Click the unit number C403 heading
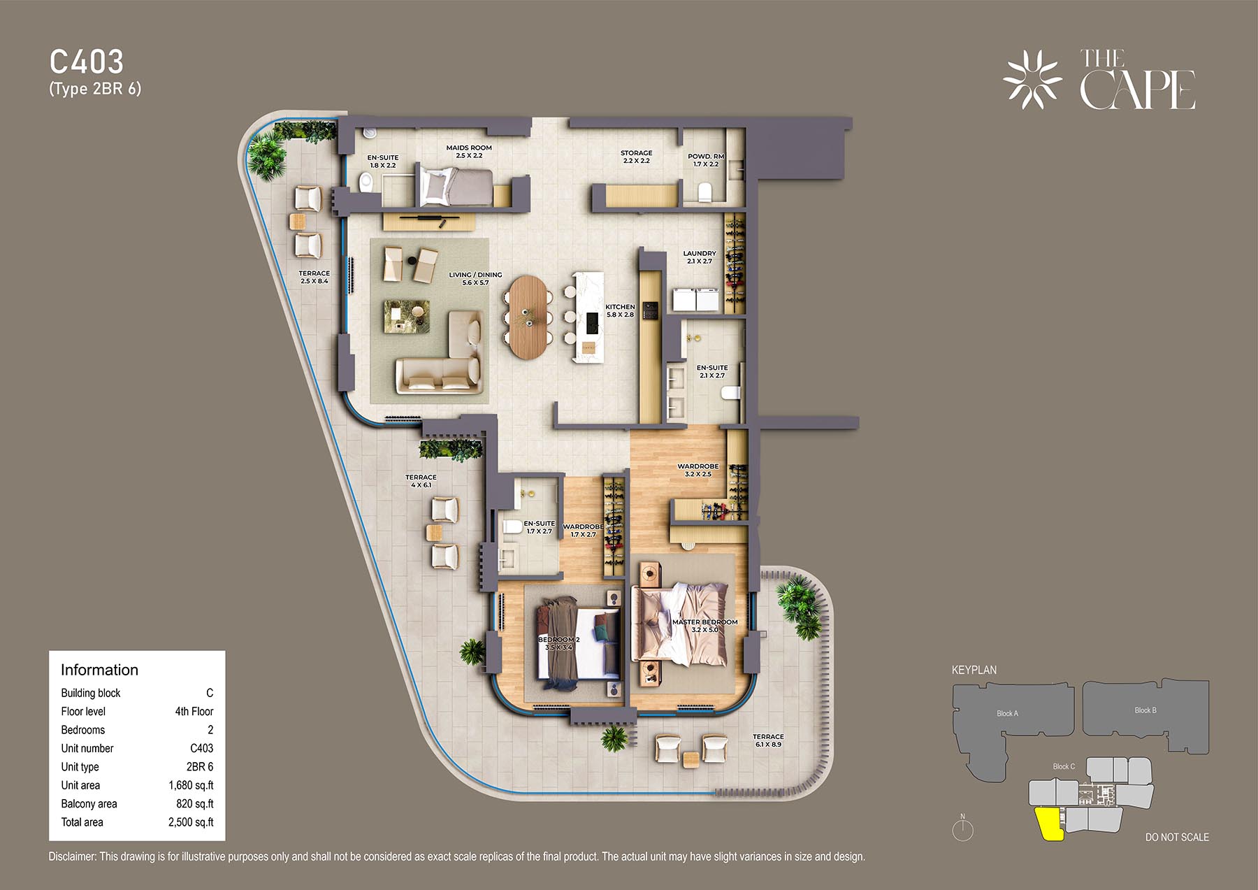click(87, 62)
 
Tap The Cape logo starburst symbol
click(1032, 79)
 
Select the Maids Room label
click(469, 152)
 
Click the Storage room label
click(636, 157)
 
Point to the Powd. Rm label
click(706, 160)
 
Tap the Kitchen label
click(620, 310)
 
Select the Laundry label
click(700, 257)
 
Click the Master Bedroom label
click(704, 626)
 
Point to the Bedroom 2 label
click(558, 643)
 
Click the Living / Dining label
click(475, 278)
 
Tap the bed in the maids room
click(456, 186)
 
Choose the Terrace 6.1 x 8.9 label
click(768, 740)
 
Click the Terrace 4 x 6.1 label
click(421, 481)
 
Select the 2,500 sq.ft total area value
click(191, 822)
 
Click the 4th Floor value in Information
click(194, 711)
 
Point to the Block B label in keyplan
click(1145, 710)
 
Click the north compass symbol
click(962, 828)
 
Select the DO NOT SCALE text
click(1177, 837)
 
